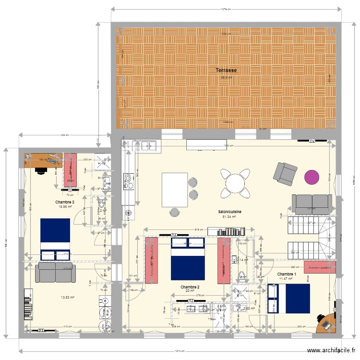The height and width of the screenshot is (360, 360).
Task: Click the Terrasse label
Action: click(x=226, y=70)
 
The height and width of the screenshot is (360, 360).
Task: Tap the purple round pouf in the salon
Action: click(x=312, y=177)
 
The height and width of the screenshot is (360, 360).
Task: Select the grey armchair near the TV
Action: click(x=285, y=173)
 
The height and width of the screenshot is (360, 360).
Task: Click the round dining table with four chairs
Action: click(x=235, y=183)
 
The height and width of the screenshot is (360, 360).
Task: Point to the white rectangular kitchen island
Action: click(x=174, y=189)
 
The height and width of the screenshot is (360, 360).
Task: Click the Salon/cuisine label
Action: click(x=229, y=212)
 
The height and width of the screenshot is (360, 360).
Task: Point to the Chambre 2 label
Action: click(x=190, y=287)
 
